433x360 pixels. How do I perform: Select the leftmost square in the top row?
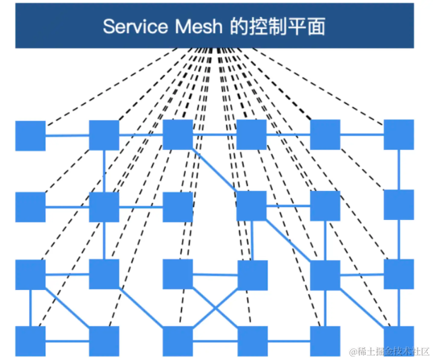point(30,135)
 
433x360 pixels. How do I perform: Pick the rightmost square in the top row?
point(399,135)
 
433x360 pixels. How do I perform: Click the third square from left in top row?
point(178,134)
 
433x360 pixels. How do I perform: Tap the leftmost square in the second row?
point(30,207)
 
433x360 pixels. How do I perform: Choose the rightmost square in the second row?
point(399,204)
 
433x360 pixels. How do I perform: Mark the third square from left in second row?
point(178,207)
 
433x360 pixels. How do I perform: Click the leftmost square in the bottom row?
point(30,341)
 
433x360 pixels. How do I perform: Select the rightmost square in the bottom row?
point(399,341)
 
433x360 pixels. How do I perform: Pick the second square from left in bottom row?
point(104,341)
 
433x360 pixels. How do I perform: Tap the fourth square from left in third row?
point(252,275)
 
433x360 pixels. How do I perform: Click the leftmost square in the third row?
point(30,274)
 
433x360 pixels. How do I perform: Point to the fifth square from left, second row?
point(325,206)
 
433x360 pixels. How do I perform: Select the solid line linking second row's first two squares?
point(67,207)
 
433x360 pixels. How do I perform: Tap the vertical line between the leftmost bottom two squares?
point(30,308)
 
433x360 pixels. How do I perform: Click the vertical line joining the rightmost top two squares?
point(399,170)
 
